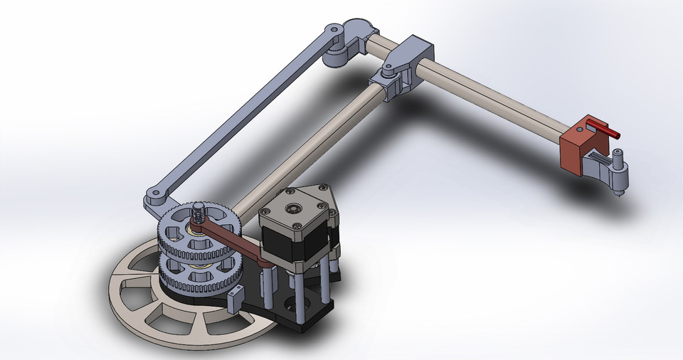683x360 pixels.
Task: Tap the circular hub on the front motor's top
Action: tap(294, 208)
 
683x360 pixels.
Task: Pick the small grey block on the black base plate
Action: tap(235, 300)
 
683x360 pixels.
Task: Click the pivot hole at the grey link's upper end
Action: tap(331, 31)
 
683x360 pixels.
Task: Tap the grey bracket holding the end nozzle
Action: tap(598, 168)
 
